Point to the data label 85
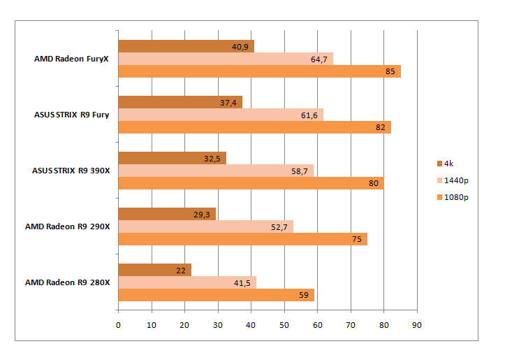point(388,71)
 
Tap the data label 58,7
point(300,171)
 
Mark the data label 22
point(180,270)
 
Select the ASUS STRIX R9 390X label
point(71,170)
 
